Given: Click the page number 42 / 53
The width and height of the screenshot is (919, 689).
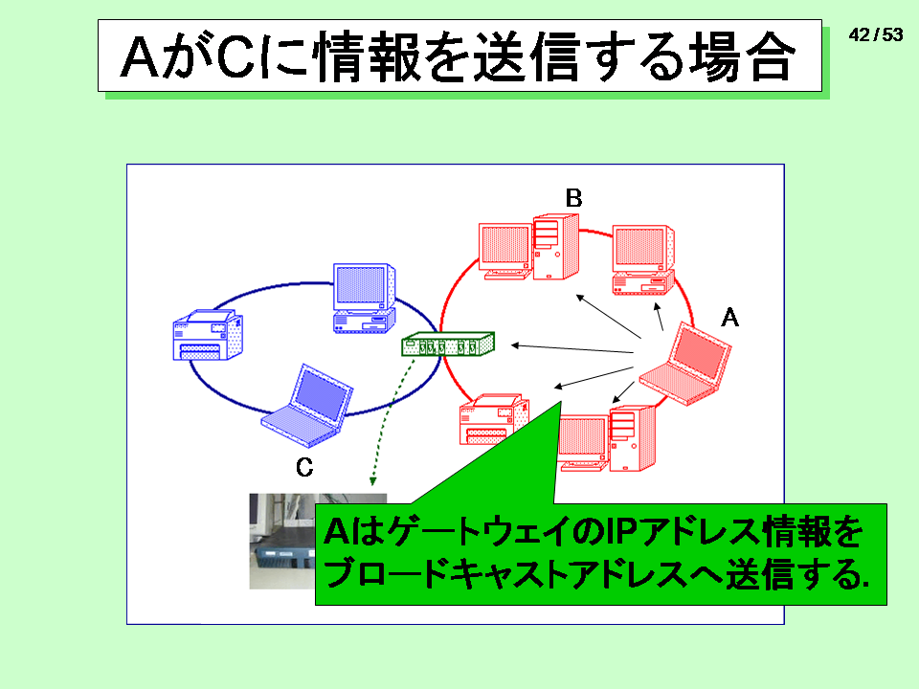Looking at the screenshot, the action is click(876, 35).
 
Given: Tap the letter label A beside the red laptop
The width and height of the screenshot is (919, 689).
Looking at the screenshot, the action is click(729, 318).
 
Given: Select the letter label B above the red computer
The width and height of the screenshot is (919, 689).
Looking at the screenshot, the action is click(573, 198).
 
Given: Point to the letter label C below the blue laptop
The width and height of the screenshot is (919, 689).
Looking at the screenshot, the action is click(304, 467).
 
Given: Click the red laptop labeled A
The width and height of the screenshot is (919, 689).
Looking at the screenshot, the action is click(685, 364).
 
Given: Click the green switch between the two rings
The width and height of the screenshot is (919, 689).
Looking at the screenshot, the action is click(448, 344).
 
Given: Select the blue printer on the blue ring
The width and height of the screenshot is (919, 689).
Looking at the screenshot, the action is click(208, 335).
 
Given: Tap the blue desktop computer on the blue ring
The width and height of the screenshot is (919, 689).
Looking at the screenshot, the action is click(364, 299).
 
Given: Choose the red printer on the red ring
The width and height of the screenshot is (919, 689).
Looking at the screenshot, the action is click(494, 419).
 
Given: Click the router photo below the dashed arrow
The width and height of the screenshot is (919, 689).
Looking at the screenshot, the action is click(283, 541).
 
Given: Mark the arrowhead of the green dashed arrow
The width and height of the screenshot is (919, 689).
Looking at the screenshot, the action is click(372, 481).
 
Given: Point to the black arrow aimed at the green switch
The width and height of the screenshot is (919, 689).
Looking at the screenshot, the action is click(572, 349).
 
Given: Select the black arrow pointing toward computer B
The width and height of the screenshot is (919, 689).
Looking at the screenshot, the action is click(609, 317).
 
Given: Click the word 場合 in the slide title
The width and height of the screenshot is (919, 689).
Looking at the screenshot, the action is click(740, 56).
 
